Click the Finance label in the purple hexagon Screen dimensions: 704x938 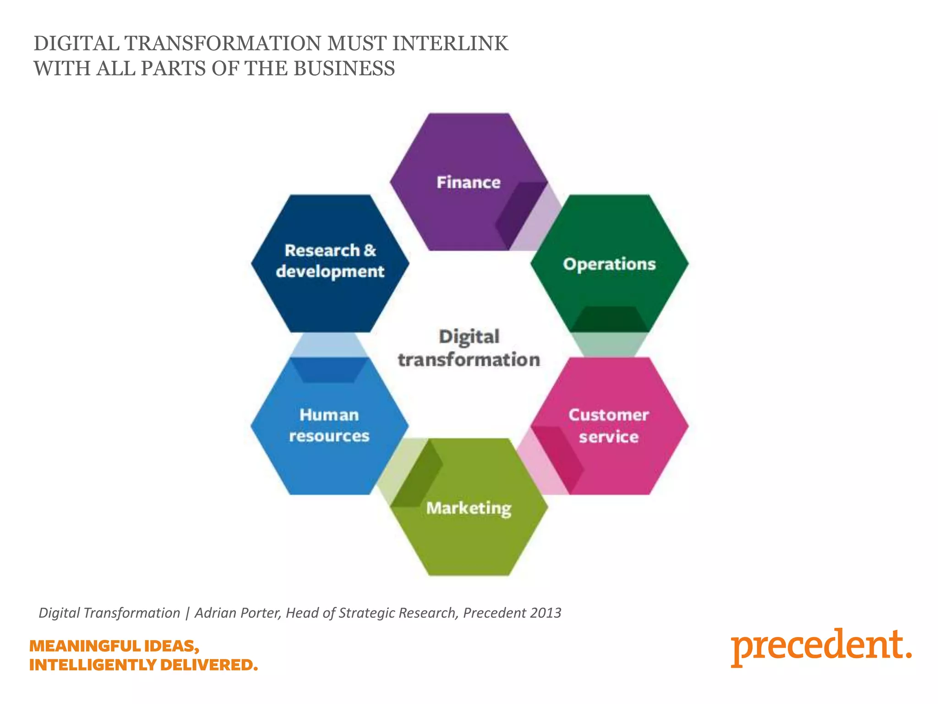pos(468,182)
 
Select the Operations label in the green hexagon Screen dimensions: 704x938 pos(609,264)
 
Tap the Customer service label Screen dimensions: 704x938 pos(608,426)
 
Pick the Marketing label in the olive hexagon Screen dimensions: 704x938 pos(469,508)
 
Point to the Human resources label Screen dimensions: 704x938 pos(329,425)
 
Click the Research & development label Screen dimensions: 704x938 pos(330,261)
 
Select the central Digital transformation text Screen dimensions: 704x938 pos(469,348)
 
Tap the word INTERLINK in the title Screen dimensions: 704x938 pos(450,44)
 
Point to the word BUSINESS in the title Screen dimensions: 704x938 pos(344,69)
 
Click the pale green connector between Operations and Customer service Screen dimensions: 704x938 pos(609,344)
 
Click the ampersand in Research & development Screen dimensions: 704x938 pos(370,250)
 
